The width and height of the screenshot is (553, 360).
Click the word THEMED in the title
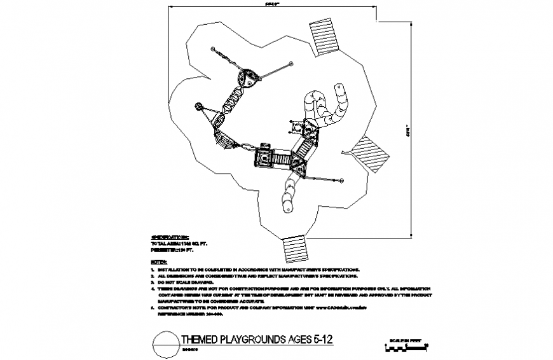tap(199, 340)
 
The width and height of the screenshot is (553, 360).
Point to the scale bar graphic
tap(406, 347)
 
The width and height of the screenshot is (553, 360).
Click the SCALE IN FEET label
tap(406, 340)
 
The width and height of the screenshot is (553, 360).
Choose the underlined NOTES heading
tap(158, 262)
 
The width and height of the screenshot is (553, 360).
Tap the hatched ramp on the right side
tap(371, 153)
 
